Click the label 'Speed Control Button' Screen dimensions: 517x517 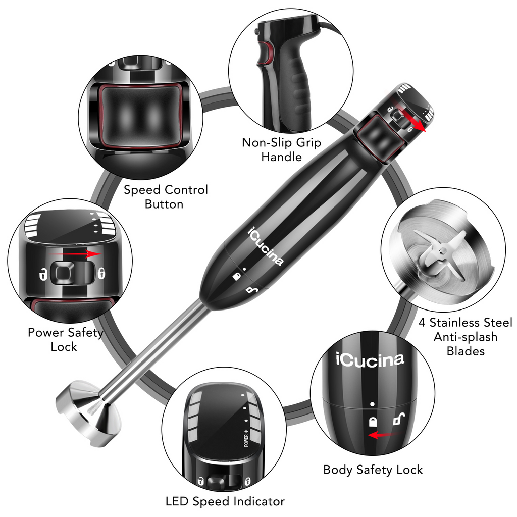(x=166, y=197)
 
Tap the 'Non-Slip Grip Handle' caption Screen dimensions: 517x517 (x=281, y=149)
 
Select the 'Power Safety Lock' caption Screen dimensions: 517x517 (x=65, y=339)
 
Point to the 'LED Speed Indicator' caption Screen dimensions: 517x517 (x=225, y=501)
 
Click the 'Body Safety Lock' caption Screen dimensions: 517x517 (x=373, y=470)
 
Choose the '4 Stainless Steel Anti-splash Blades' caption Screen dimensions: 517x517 (x=465, y=336)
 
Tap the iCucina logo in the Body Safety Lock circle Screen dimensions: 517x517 (x=370, y=359)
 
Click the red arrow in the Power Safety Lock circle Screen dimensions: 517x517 (x=81, y=254)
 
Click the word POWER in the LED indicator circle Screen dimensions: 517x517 (x=246, y=440)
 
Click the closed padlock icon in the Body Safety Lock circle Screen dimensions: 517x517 (x=373, y=422)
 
